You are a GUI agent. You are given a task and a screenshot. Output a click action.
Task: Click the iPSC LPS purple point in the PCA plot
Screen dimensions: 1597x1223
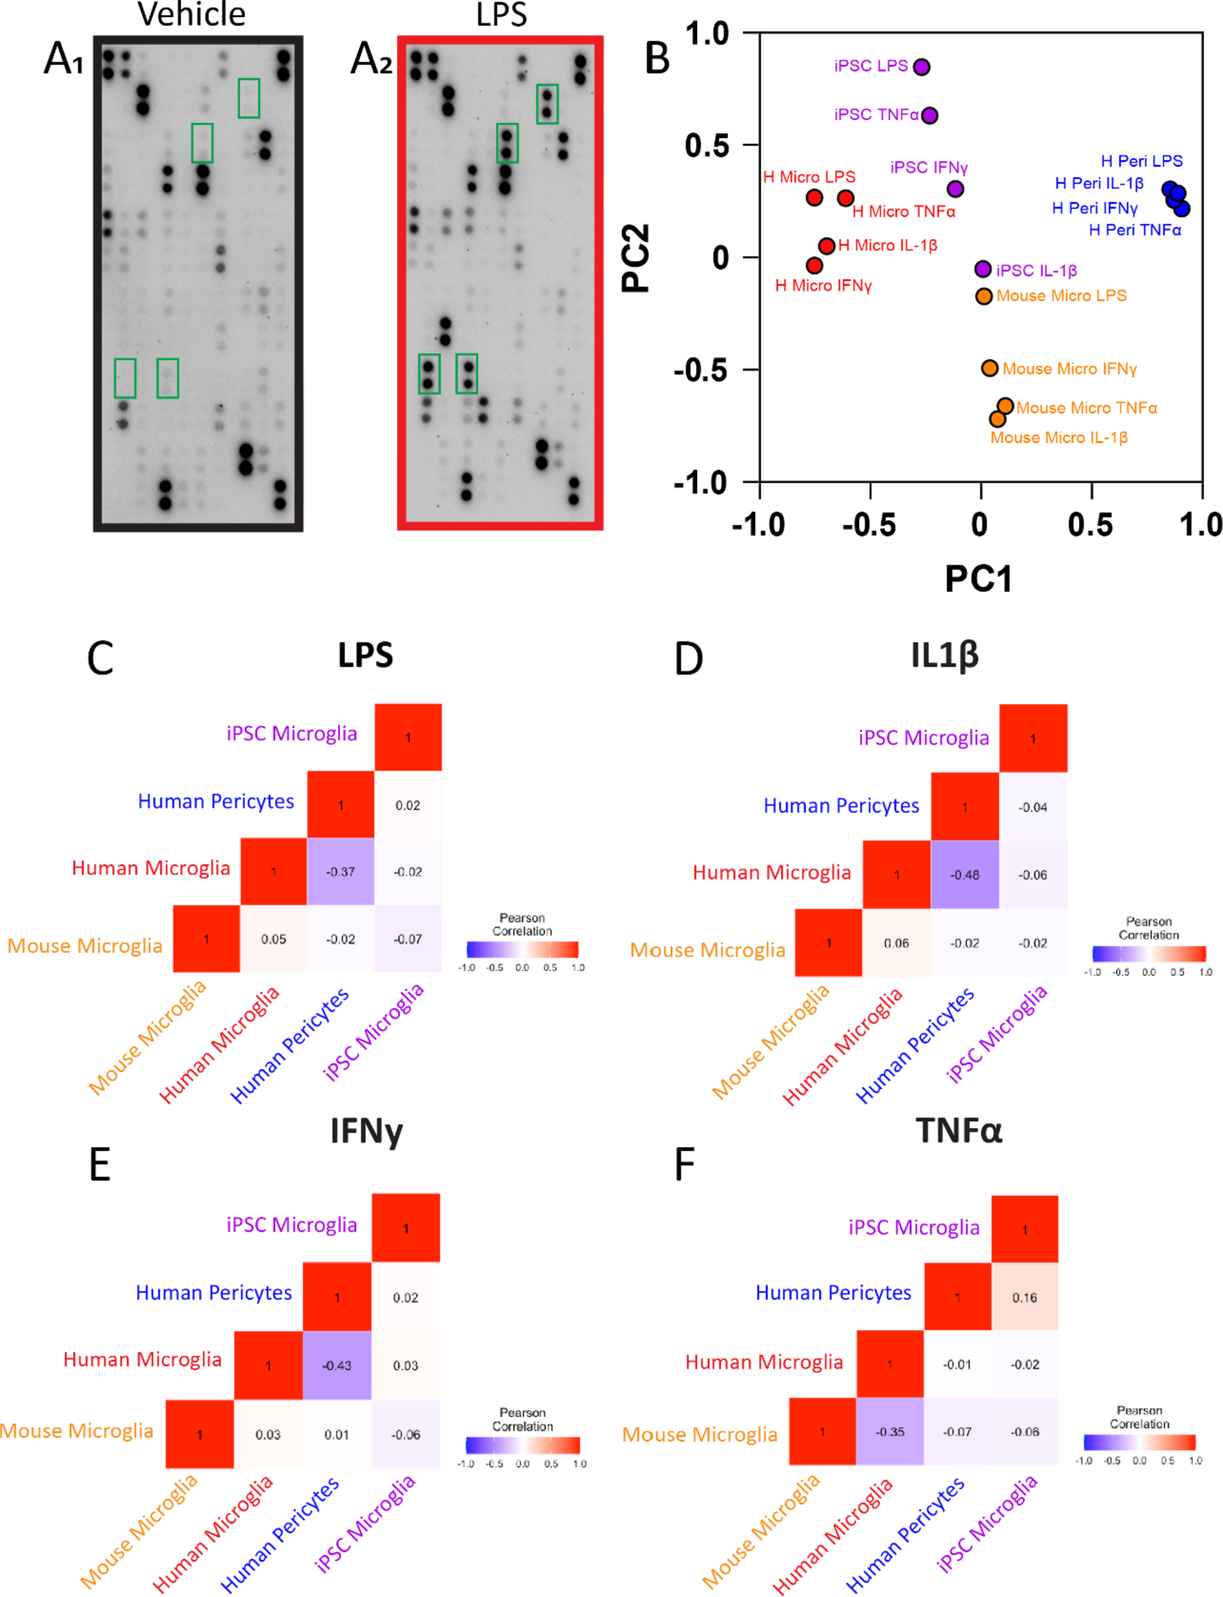tap(921, 67)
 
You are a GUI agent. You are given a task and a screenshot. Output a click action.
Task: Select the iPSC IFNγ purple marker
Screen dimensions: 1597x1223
tap(955, 189)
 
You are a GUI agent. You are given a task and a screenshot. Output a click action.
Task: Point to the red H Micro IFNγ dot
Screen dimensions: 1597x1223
tap(814, 265)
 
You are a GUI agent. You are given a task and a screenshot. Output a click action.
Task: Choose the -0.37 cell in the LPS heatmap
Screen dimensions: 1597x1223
tap(341, 872)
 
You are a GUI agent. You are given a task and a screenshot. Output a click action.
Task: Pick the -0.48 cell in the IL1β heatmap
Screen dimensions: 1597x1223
tap(965, 875)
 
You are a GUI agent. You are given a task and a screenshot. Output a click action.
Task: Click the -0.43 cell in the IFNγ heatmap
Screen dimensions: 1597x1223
tap(337, 1365)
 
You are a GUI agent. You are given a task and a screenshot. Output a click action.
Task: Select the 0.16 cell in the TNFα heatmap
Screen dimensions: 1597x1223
tap(1024, 1297)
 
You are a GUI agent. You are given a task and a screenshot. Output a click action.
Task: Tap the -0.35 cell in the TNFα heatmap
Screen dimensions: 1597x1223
tap(889, 1432)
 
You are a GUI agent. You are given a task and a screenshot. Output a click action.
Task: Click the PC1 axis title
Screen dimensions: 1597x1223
tap(977, 579)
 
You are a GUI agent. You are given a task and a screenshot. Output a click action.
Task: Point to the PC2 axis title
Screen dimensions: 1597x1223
tap(635, 258)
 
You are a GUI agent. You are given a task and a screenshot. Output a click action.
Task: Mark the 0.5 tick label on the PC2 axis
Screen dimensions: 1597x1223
tap(706, 146)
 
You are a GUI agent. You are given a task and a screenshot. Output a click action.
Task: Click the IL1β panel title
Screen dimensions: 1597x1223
tap(944, 654)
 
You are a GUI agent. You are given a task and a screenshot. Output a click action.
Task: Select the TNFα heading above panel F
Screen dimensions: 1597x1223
tap(959, 1131)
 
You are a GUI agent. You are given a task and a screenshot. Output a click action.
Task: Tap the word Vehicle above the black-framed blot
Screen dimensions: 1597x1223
tap(192, 15)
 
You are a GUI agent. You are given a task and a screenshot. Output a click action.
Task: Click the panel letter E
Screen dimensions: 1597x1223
tap(100, 1165)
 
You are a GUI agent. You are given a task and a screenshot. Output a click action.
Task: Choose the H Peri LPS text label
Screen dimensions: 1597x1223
tap(1140, 161)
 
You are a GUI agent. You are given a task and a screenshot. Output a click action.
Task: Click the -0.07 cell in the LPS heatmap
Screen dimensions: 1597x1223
tap(408, 939)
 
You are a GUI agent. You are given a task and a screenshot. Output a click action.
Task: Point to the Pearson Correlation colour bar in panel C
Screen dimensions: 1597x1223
tap(522, 949)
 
